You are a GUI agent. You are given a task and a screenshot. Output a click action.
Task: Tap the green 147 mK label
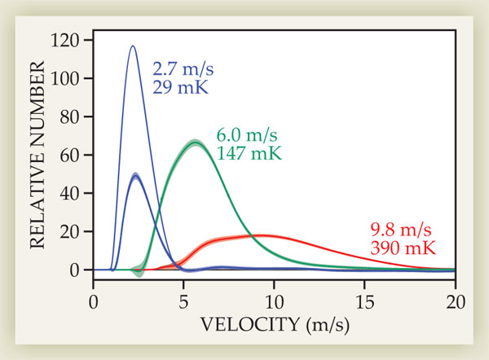[245, 152]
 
